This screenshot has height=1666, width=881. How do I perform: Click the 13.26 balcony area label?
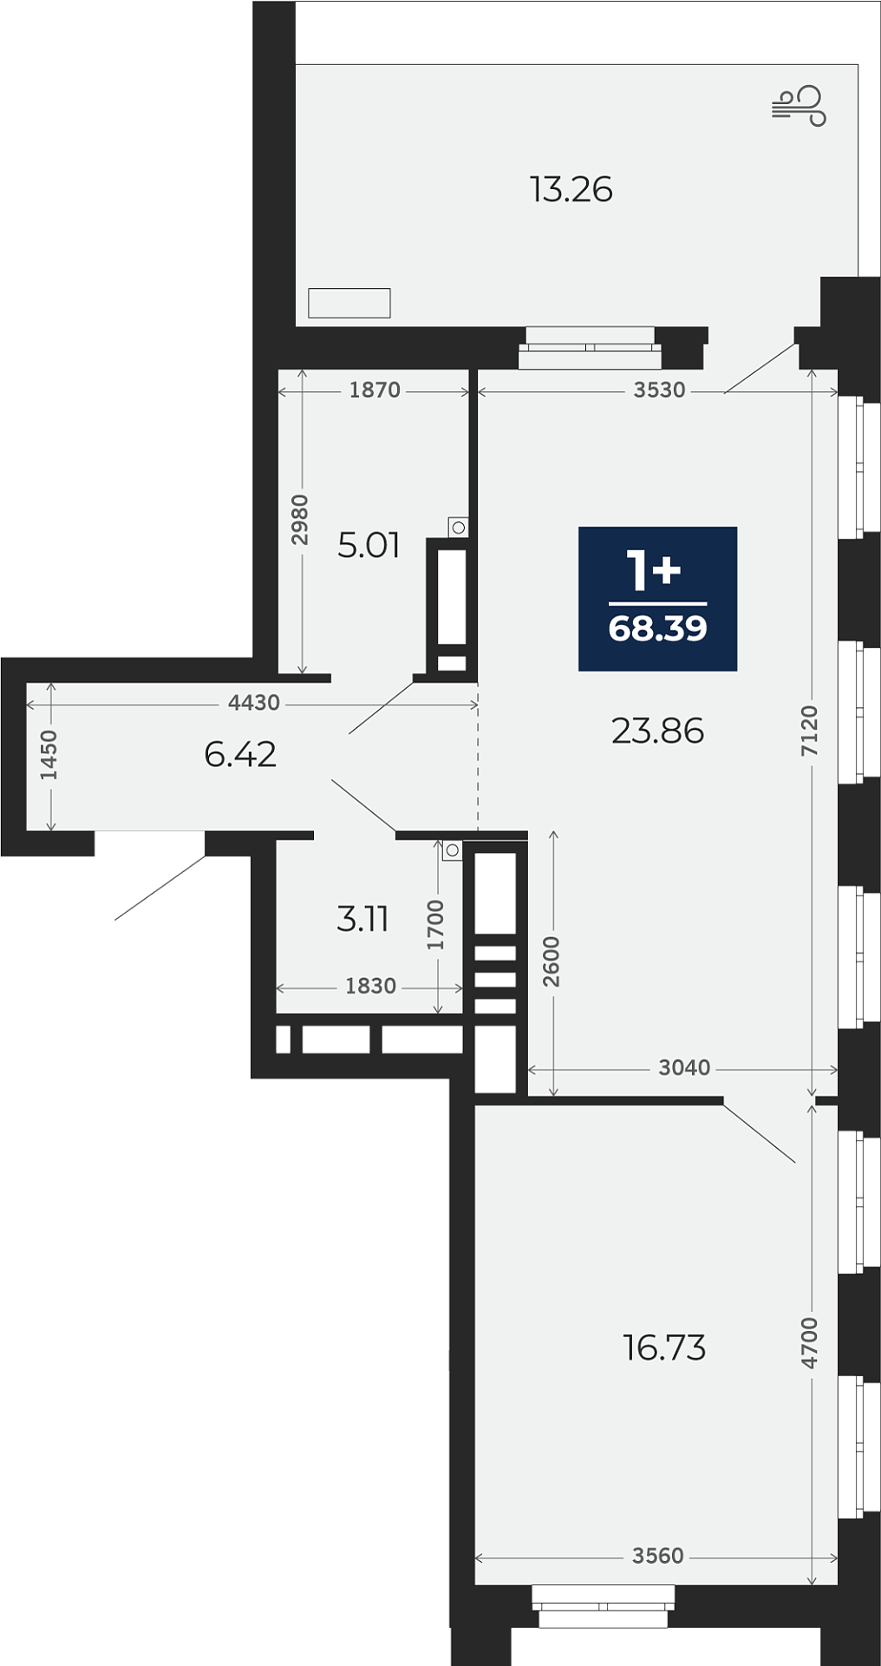(x=571, y=189)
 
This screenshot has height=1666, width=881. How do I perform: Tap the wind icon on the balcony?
(x=799, y=106)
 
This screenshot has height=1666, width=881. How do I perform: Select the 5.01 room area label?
(x=369, y=545)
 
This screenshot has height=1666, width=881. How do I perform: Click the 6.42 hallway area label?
(x=240, y=754)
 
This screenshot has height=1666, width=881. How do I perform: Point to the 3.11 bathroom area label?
(x=362, y=919)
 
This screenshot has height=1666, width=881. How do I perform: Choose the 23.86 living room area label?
(x=657, y=731)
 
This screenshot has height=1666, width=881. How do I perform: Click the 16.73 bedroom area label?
(x=664, y=1348)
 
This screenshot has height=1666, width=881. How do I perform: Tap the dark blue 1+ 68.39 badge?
(x=658, y=599)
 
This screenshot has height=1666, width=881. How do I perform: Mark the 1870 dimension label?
(x=375, y=390)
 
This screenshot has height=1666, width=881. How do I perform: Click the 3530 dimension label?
(x=659, y=390)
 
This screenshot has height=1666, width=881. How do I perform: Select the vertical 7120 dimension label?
(x=809, y=731)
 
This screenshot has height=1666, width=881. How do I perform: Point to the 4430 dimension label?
(x=254, y=703)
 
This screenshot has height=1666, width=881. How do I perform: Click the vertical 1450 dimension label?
(x=49, y=755)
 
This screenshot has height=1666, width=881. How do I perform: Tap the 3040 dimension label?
(x=684, y=1068)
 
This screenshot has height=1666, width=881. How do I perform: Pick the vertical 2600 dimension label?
(x=551, y=961)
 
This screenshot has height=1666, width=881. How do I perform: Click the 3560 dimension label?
(x=658, y=1556)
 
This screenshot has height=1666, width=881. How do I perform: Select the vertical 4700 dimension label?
(x=809, y=1342)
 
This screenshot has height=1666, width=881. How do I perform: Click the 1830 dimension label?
(x=370, y=987)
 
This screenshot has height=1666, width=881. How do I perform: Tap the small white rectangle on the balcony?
(x=349, y=303)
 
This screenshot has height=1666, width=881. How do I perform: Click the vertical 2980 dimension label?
(x=299, y=520)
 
